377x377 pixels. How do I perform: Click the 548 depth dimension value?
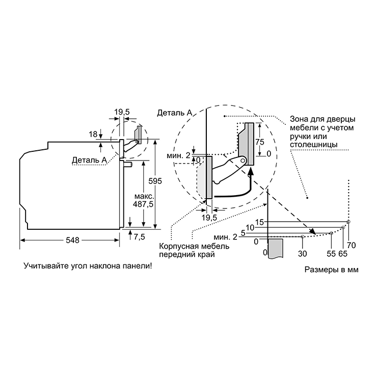(x=72, y=240)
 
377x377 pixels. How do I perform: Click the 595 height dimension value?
(x=155, y=181)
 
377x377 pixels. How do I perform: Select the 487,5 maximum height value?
(x=143, y=204)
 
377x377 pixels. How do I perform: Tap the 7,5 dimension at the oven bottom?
(x=140, y=237)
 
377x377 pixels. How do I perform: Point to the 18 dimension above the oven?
(x=93, y=134)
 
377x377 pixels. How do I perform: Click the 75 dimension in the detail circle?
(x=260, y=142)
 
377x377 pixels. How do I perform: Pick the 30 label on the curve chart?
(x=302, y=253)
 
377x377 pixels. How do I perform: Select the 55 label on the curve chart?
(x=331, y=253)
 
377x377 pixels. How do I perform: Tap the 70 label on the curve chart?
(x=352, y=245)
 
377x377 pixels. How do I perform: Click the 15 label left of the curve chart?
(x=260, y=222)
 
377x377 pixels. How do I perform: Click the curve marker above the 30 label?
(x=303, y=237)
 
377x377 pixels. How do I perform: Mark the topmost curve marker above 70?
(x=348, y=222)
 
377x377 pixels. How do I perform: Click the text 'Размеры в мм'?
(x=332, y=270)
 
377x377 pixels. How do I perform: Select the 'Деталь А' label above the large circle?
(x=175, y=113)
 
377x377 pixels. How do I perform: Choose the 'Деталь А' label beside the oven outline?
(x=89, y=159)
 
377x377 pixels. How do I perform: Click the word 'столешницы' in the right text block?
(x=313, y=145)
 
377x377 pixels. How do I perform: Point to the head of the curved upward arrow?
(x=251, y=171)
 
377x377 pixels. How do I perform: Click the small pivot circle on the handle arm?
(x=244, y=160)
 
